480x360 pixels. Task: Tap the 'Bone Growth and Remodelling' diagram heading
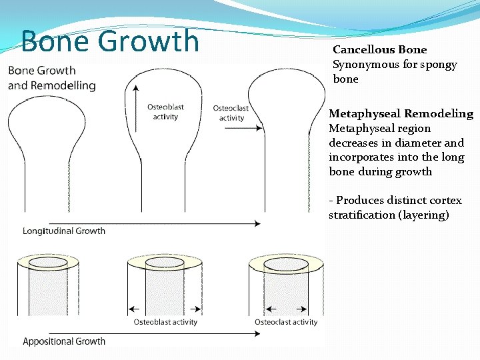point(51,77)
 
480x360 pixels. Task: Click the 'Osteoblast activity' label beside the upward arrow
point(165,111)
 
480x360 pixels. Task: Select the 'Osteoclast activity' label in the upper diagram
point(231,113)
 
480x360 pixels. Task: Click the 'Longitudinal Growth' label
point(64,231)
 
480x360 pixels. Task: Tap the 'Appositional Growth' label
point(64,341)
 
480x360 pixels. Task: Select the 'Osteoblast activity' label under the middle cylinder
point(165,322)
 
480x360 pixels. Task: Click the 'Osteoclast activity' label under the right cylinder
point(286,322)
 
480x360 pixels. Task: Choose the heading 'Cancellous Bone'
point(380,49)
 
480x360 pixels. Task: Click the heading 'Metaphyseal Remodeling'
point(401,113)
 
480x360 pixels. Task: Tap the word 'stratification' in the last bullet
point(361,215)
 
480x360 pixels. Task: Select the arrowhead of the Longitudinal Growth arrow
point(257,222)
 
